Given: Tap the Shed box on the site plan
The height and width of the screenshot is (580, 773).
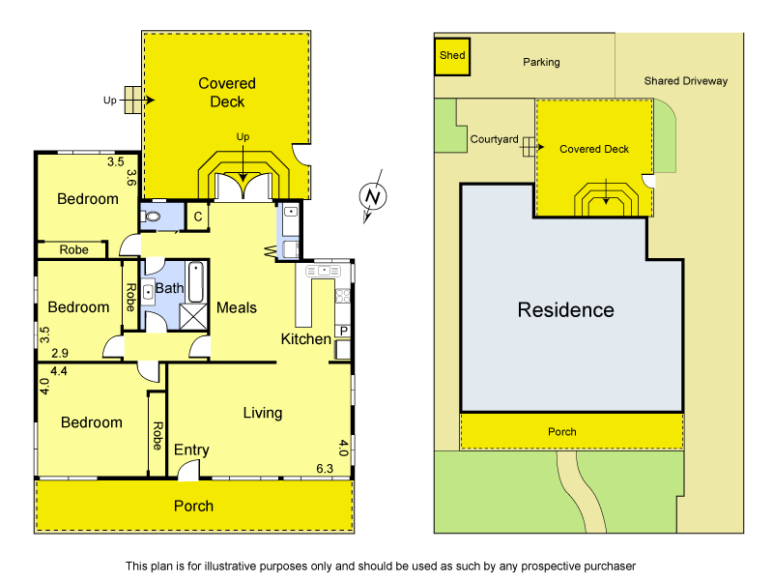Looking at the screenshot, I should [x=452, y=56].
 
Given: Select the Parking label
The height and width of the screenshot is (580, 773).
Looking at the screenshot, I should [x=541, y=62].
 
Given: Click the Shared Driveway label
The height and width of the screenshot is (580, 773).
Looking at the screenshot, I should [x=685, y=81].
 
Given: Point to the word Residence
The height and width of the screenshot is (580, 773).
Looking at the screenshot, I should [x=565, y=310].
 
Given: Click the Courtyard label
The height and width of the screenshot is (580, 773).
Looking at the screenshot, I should [x=494, y=139].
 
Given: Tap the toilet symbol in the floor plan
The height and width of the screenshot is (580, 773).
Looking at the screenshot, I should [x=152, y=217].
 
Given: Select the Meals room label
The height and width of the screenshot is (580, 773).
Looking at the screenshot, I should [x=237, y=307].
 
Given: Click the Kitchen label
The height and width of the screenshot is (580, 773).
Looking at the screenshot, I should [x=305, y=339].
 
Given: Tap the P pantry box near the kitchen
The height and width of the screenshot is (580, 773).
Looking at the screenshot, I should [x=343, y=333].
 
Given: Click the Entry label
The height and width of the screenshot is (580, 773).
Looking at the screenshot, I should [x=191, y=450].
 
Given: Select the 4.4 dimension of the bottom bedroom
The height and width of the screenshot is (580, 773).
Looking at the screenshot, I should [x=58, y=370].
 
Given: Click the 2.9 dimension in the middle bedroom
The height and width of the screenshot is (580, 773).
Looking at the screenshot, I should [x=60, y=355].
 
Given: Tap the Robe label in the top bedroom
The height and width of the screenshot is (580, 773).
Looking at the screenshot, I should [x=74, y=249].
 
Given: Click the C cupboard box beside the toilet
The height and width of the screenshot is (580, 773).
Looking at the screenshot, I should [x=197, y=217].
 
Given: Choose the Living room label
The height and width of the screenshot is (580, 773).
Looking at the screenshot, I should [x=262, y=413].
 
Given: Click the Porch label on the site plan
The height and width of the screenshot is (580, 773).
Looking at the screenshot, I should [x=561, y=432].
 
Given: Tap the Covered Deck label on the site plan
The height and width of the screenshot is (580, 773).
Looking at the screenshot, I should [x=594, y=149].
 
